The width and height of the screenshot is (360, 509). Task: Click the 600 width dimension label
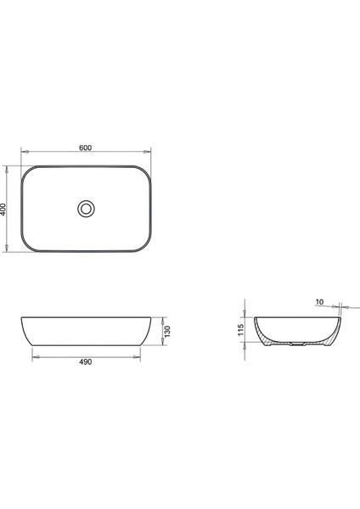tap(85, 147)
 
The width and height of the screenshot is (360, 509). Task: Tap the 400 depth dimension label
tap(5, 208)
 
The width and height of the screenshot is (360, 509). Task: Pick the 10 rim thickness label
tap(318, 300)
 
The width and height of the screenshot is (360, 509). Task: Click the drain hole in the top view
tap(85, 208)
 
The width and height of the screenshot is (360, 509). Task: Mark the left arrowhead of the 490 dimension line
tap(34, 356)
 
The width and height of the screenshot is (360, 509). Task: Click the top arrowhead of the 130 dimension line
tap(161, 319)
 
